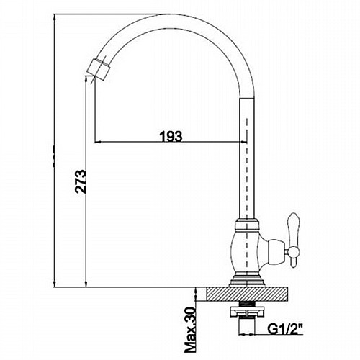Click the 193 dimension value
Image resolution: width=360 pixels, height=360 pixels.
171,136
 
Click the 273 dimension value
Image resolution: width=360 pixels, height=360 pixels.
80,181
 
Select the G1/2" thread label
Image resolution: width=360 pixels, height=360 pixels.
284,330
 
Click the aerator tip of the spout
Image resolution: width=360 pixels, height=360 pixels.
99,68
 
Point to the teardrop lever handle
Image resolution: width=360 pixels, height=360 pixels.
294,240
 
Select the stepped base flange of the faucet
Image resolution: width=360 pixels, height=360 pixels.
246,280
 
